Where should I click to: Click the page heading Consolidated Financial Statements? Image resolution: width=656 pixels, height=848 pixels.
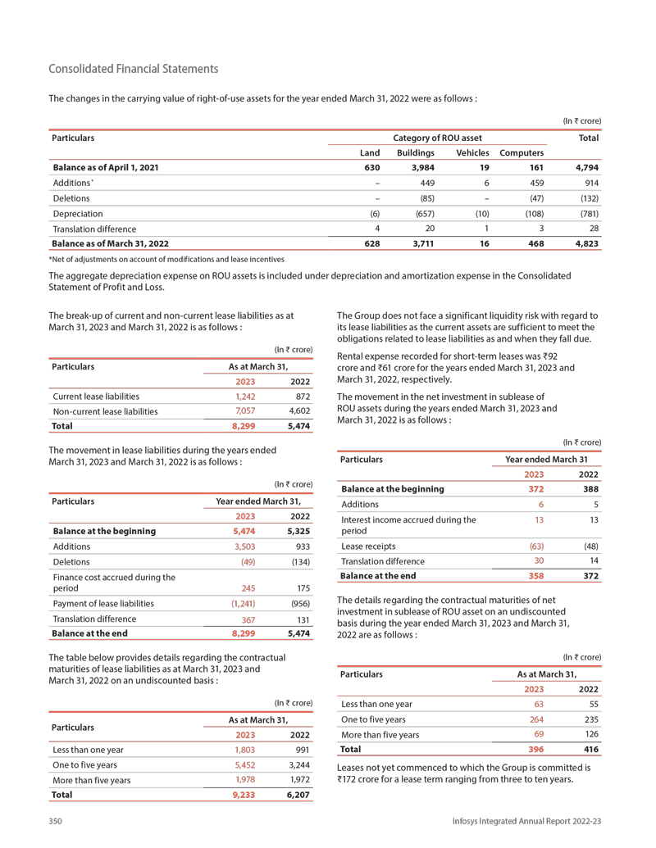point(134,69)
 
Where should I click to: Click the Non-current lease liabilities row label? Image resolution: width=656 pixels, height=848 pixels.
point(104,411)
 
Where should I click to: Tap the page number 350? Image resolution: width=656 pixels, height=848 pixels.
point(57,820)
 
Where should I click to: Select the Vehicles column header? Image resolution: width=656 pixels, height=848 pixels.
point(472,152)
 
